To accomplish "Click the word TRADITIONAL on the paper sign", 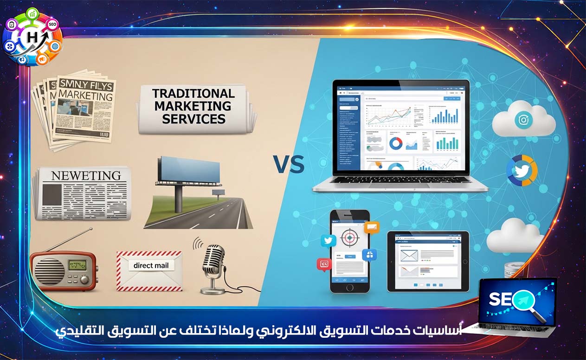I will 194,93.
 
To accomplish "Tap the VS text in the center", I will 288,164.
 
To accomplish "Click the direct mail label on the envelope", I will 151,266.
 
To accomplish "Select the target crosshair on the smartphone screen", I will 349,237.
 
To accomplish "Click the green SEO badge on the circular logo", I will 52,24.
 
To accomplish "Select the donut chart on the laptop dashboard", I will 395,143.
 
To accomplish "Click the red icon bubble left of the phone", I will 323,264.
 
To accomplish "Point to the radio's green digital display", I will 77,265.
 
